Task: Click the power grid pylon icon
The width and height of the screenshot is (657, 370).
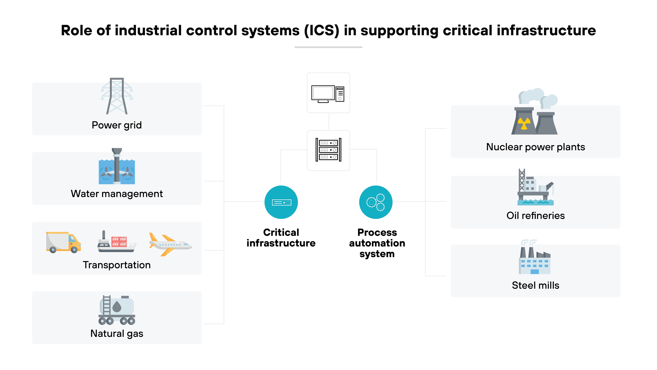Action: [117, 96]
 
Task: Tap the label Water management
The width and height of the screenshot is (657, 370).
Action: [117, 194]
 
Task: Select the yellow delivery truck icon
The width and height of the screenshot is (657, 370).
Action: [63, 242]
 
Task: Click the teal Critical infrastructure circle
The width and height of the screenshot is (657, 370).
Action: [281, 202]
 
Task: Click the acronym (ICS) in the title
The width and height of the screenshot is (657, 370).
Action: [322, 31]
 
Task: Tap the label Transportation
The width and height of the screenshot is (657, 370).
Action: [117, 265]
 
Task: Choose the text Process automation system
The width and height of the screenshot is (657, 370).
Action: [377, 243]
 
